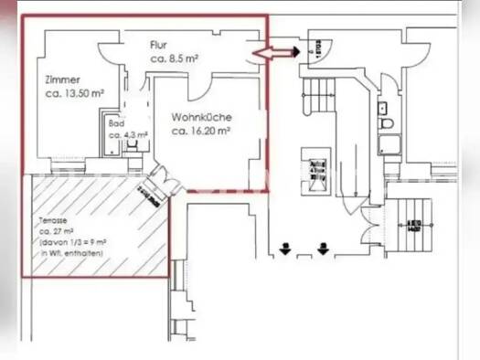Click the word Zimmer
(x=60, y=79)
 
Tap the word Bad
(x=116, y=122)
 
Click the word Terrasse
(x=53, y=221)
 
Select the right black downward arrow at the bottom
(x=322, y=247)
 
